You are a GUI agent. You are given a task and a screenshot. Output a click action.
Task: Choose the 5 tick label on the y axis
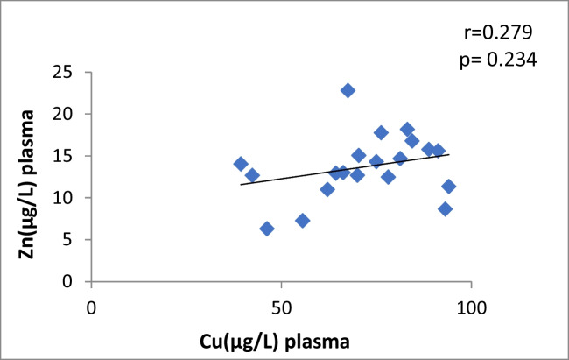74,240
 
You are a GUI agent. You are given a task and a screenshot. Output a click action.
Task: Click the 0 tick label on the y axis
74,282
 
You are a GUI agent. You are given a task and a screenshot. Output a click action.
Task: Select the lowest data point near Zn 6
267,229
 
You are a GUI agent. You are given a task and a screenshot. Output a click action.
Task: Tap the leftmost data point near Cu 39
241,164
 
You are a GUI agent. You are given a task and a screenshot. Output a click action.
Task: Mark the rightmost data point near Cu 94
449,186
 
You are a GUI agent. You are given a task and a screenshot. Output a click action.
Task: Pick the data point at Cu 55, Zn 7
303,221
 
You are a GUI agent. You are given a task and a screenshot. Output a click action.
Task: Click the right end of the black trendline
450,154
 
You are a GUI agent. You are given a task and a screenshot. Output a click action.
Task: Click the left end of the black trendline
241,185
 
